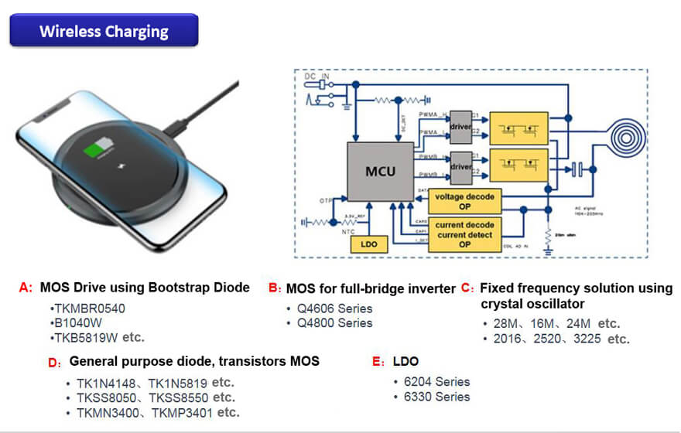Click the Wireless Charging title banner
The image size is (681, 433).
click(104, 31)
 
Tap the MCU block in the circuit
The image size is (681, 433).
click(381, 169)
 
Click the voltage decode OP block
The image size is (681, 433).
click(464, 201)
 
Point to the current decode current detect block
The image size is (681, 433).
click(464, 234)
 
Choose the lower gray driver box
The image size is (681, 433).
click(460, 166)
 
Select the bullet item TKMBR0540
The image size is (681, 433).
click(89, 308)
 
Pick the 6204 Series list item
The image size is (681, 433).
click(431, 381)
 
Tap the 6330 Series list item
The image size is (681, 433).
click(431, 397)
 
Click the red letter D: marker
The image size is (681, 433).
click(54, 362)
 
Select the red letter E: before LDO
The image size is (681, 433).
click(378, 361)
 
